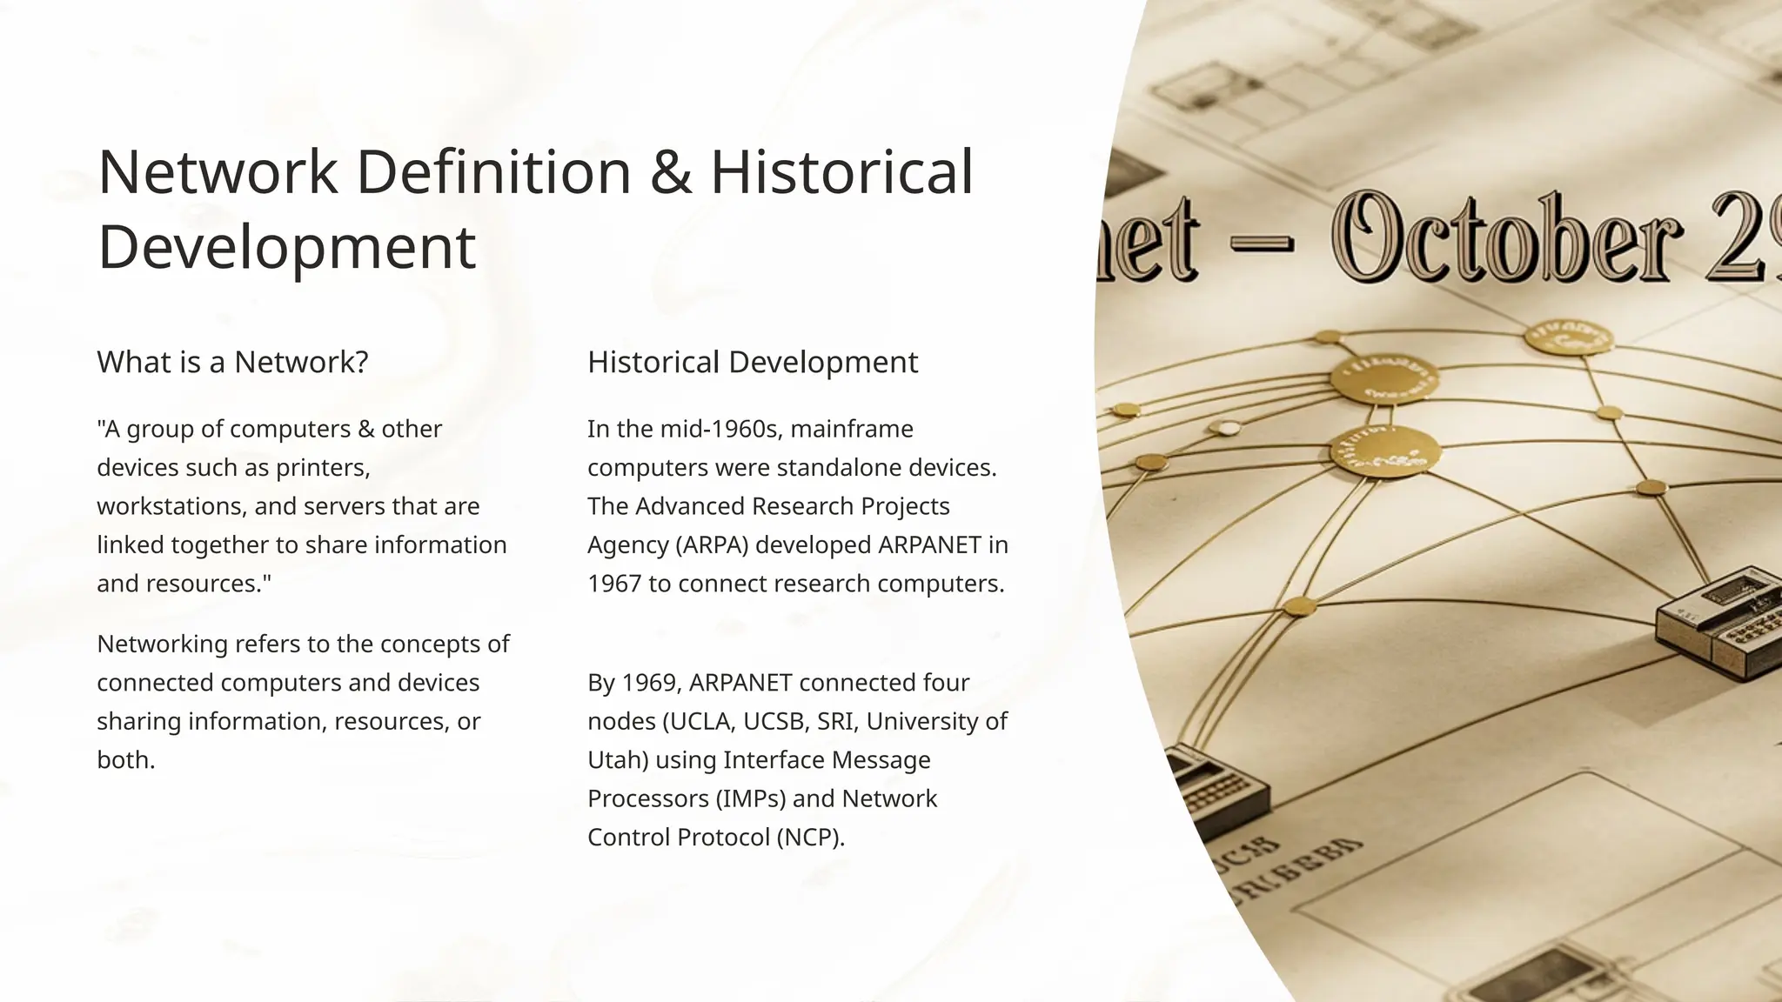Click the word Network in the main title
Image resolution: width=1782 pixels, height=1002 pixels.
click(x=218, y=171)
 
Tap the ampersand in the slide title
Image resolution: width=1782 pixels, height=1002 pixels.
click(x=670, y=171)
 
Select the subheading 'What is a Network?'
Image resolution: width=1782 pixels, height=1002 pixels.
click(x=232, y=362)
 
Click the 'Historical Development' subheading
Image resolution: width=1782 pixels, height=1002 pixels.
click(x=753, y=362)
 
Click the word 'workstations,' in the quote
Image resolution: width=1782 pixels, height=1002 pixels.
click(x=171, y=506)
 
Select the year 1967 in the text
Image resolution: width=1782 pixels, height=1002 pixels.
click(x=613, y=584)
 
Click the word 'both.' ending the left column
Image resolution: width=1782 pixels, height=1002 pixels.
click(x=126, y=760)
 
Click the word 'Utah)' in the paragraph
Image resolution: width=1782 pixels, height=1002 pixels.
click(x=618, y=760)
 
